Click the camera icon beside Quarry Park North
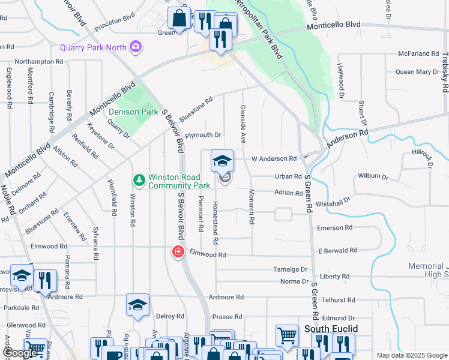pyautogui.click(x=136, y=46)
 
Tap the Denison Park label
pyautogui.click(x=133, y=112)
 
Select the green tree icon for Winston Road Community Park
pyautogui.click(x=139, y=180)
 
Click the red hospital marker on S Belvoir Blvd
pyautogui.click(x=178, y=251)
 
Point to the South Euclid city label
pyautogui.click(x=331, y=329)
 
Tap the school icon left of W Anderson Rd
pyautogui.click(x=222, y=160)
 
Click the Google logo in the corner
pyautogui.click(x=19, y=353)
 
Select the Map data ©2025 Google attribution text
pyautogui.click(x=411, y=355)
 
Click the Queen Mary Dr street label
pyautogui.click(x=417, y=72)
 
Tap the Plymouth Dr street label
pyautogui.click(x=203, y=136)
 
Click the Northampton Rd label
pyautogui.click(x=39, y=61)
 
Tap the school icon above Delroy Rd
pyautogui.click(x=137, y=305)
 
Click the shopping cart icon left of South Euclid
pyautogui.click(x=287, y=335)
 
